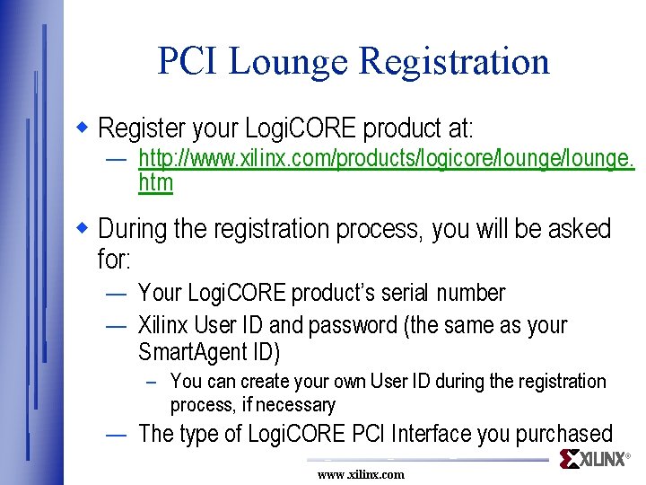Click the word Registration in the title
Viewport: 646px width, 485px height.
pos(454,61)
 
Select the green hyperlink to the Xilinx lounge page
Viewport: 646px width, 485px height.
pos(386,159)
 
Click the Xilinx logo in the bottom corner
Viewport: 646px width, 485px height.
pos(595,460)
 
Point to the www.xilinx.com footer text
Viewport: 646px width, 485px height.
pos(361,474)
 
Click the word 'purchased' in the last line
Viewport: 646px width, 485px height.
pos(563,434)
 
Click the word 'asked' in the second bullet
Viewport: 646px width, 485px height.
pos(579,229)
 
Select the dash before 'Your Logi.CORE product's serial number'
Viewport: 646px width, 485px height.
pos(115,294)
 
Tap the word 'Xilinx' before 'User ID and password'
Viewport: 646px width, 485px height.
pos(163,324)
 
